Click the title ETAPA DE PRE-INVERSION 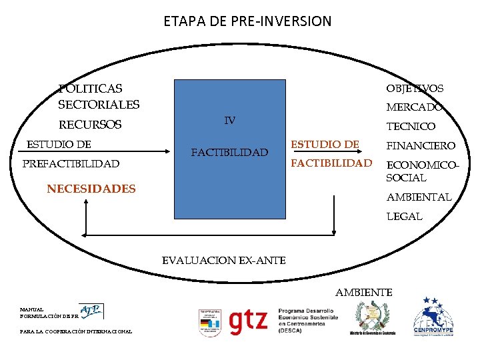(x=247, y=21)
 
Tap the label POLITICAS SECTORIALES (x=99, y=96)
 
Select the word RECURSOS (x=90, y=125)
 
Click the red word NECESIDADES (x=91, y=189)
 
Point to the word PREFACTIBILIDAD (x=71, y=164)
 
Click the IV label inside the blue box (x=229, y=121)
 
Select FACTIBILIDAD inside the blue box (x=229, y=153)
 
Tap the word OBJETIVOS (x=414, y=88)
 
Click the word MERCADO (x=414, y=107)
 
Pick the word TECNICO (x=411, y=126)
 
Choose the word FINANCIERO (x=421, y=145)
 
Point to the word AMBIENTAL (x=419, y=197)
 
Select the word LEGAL (x=404, y=216)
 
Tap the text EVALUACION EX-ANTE (x=224, y=260)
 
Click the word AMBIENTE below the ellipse (x=364, y=292)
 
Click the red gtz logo (x=248, y=322)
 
